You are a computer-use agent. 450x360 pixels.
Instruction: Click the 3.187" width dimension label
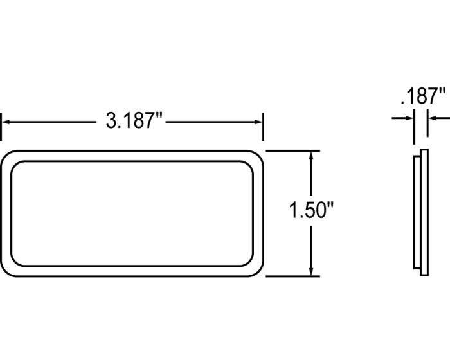[134, 121]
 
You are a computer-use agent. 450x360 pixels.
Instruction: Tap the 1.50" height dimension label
[311, 210]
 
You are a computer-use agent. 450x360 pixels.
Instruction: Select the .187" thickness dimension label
[423, 96]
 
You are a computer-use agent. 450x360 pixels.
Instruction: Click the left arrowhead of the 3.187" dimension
[6, 122]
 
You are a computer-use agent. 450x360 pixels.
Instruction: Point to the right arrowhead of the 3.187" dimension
[259, 122]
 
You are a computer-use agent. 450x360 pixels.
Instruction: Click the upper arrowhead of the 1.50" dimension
[311, 156]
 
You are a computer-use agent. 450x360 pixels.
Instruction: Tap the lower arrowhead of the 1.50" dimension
[311, 271]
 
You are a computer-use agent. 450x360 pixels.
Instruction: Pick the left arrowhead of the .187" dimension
[410, 118]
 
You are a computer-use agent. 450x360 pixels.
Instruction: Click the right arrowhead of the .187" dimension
[432, 118]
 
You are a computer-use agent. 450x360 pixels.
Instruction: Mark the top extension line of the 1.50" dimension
[292, 150]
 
